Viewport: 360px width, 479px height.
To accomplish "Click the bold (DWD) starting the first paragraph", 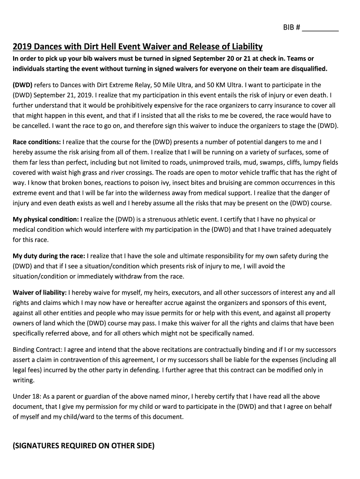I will coord(23,85).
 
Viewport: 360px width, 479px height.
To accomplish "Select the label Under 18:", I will coord(26,396).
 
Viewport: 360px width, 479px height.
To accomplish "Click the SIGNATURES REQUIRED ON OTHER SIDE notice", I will coord(83,446).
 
